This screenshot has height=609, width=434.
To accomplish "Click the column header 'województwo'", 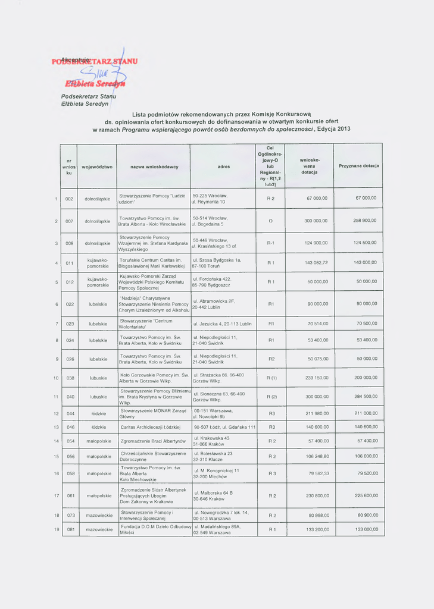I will click(97, 167).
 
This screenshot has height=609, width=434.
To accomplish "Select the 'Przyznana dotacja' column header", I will click(359, 165).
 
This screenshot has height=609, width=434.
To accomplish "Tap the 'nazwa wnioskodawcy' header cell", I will click(154, 167).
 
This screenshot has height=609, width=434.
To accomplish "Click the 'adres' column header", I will click(224, 167).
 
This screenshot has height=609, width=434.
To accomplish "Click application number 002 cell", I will click(70, 198).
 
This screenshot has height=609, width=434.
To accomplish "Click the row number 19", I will click(56, 529).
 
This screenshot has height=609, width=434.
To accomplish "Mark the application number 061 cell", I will click(70, 495).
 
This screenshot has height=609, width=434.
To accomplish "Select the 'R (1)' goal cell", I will click(271, 378).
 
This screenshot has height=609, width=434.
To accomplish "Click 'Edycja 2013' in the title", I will click(333, 128).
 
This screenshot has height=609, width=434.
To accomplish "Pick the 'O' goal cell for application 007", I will click(271, 221).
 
